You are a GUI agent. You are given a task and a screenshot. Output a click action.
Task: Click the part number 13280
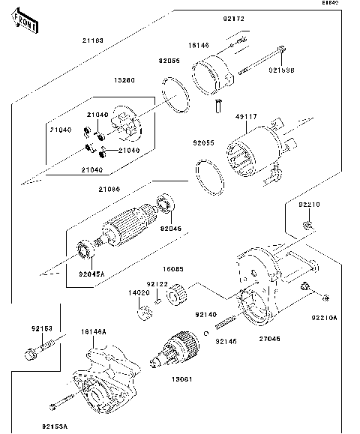tap(124, 79)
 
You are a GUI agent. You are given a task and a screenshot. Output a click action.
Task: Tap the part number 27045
tap(270, 338)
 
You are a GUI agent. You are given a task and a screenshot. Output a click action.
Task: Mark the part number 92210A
tap(325, 317)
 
